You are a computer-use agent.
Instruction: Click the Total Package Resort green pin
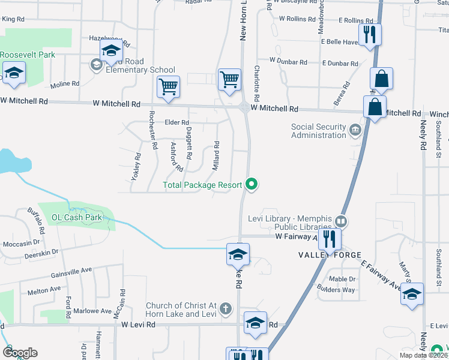click(253, 185)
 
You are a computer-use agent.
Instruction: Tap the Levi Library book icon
click(342, 221)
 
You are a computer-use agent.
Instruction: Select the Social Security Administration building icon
click(355, 130)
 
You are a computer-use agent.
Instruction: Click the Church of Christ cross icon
click(225, 310)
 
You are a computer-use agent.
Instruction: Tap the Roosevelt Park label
click(28, 55)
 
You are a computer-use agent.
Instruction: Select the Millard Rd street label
click(217, 155)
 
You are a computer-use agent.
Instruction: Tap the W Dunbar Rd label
click(288, 61)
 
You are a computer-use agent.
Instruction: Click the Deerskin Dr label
click(41, 254)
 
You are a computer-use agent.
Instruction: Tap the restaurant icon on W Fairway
click(329, 239)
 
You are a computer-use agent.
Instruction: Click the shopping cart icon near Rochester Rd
click(169, 86)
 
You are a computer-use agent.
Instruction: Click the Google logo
click(20, 353)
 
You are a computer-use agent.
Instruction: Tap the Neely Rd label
click(423, 137)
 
